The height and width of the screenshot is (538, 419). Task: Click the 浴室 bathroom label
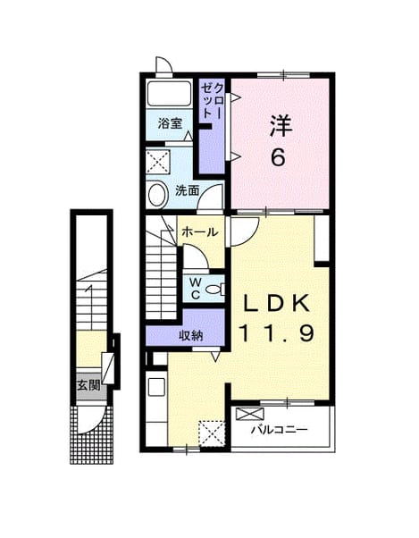pyautogui.click(x=170, y=123)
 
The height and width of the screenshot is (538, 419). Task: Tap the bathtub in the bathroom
pyautogui.click(x=169, y=93)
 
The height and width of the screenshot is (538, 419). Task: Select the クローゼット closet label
pyautogui.click(x=213, y=101)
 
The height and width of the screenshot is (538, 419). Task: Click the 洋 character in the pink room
pyautogui.click(x=281, y=126)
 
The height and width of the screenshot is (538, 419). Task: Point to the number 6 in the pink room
pyautogui.click(x=278, y=158)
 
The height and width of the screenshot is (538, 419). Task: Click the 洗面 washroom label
pyautogui.click(x=188, y=190)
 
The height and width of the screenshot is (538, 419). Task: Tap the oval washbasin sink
pyautogui.click(x=157, y=195)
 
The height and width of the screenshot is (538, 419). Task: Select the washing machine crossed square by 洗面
pyautogui.click(x=158, y=162)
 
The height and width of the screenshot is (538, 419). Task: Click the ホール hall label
pyautogui.click(x=200, y=232)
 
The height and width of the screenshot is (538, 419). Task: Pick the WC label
pyautogui.click(x=196, y=289)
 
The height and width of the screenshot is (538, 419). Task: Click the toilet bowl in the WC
pyautogui.click(x=214, y=290)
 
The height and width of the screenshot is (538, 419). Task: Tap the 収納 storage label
pyautogui.click(x=191, y=335)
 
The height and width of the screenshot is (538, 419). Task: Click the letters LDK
pyautogui.click(x=276, y=303)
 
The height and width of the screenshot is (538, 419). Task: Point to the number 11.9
pyautogui.click(x=276, y=334)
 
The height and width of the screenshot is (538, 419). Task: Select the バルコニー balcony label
pyautogui.click(x=279, y=429)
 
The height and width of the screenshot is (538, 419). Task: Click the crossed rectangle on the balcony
pyautogui.click(x=250, y=414)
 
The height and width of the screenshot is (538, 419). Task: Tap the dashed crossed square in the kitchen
pyautogui.click(x=212, y=433)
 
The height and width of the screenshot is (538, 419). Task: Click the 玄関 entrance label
pyautogui.click(x=88, y=385)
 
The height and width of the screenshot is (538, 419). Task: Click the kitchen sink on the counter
pyautogui.click(x=156, y=387)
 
